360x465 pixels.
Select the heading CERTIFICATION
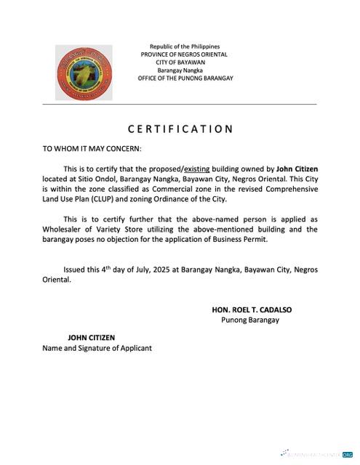tap(180, 129)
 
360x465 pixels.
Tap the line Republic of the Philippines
tap(185, 46)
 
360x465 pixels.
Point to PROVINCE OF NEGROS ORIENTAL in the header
tap(185, 54)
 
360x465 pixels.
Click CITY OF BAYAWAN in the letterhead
tap(185, 62)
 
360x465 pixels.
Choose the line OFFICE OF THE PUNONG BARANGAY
tap(185, 78)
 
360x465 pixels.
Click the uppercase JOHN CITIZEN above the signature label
tap(91, 338)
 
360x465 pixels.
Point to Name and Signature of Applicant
tap(97, 348)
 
